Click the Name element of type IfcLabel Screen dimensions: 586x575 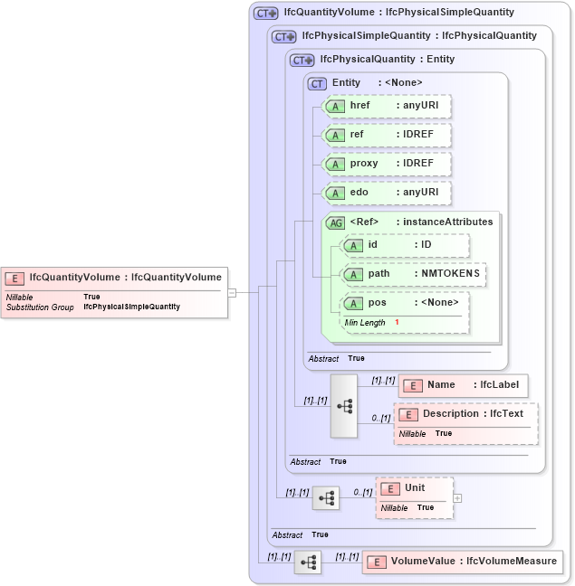click(x=463, y=385)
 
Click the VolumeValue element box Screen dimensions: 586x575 click(x=461, y=562)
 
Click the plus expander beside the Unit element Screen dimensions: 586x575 click(x=457, y=497)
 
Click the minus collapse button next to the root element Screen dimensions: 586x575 click(x=232, y=292)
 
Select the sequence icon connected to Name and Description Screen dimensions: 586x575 click(x=345, y=406)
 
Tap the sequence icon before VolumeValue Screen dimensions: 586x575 click(x=308, y=562)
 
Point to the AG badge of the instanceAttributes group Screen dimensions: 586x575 click(x=335, y=222)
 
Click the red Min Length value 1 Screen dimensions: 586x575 click(x=396, y=323)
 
